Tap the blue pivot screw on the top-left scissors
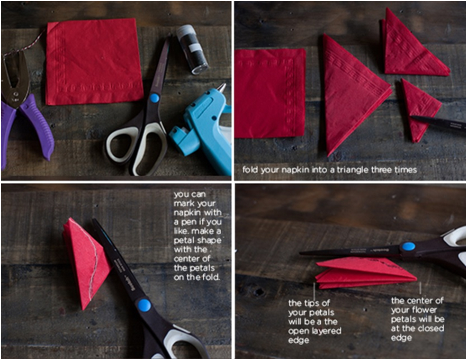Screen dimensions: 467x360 (154, 98)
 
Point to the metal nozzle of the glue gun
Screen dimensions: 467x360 (221, 88)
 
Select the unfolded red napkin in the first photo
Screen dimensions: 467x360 (94, 61)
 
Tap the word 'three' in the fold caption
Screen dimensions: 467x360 (382, 170)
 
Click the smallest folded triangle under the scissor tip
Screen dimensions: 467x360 (419, 108)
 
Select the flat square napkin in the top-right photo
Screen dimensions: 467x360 (270, 93)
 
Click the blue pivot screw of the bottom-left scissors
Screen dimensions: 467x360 (144, 305)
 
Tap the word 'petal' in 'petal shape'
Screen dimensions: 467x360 (184, 241)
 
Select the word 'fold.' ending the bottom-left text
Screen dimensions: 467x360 (211, 277)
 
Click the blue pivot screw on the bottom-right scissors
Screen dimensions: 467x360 (408, 246)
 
